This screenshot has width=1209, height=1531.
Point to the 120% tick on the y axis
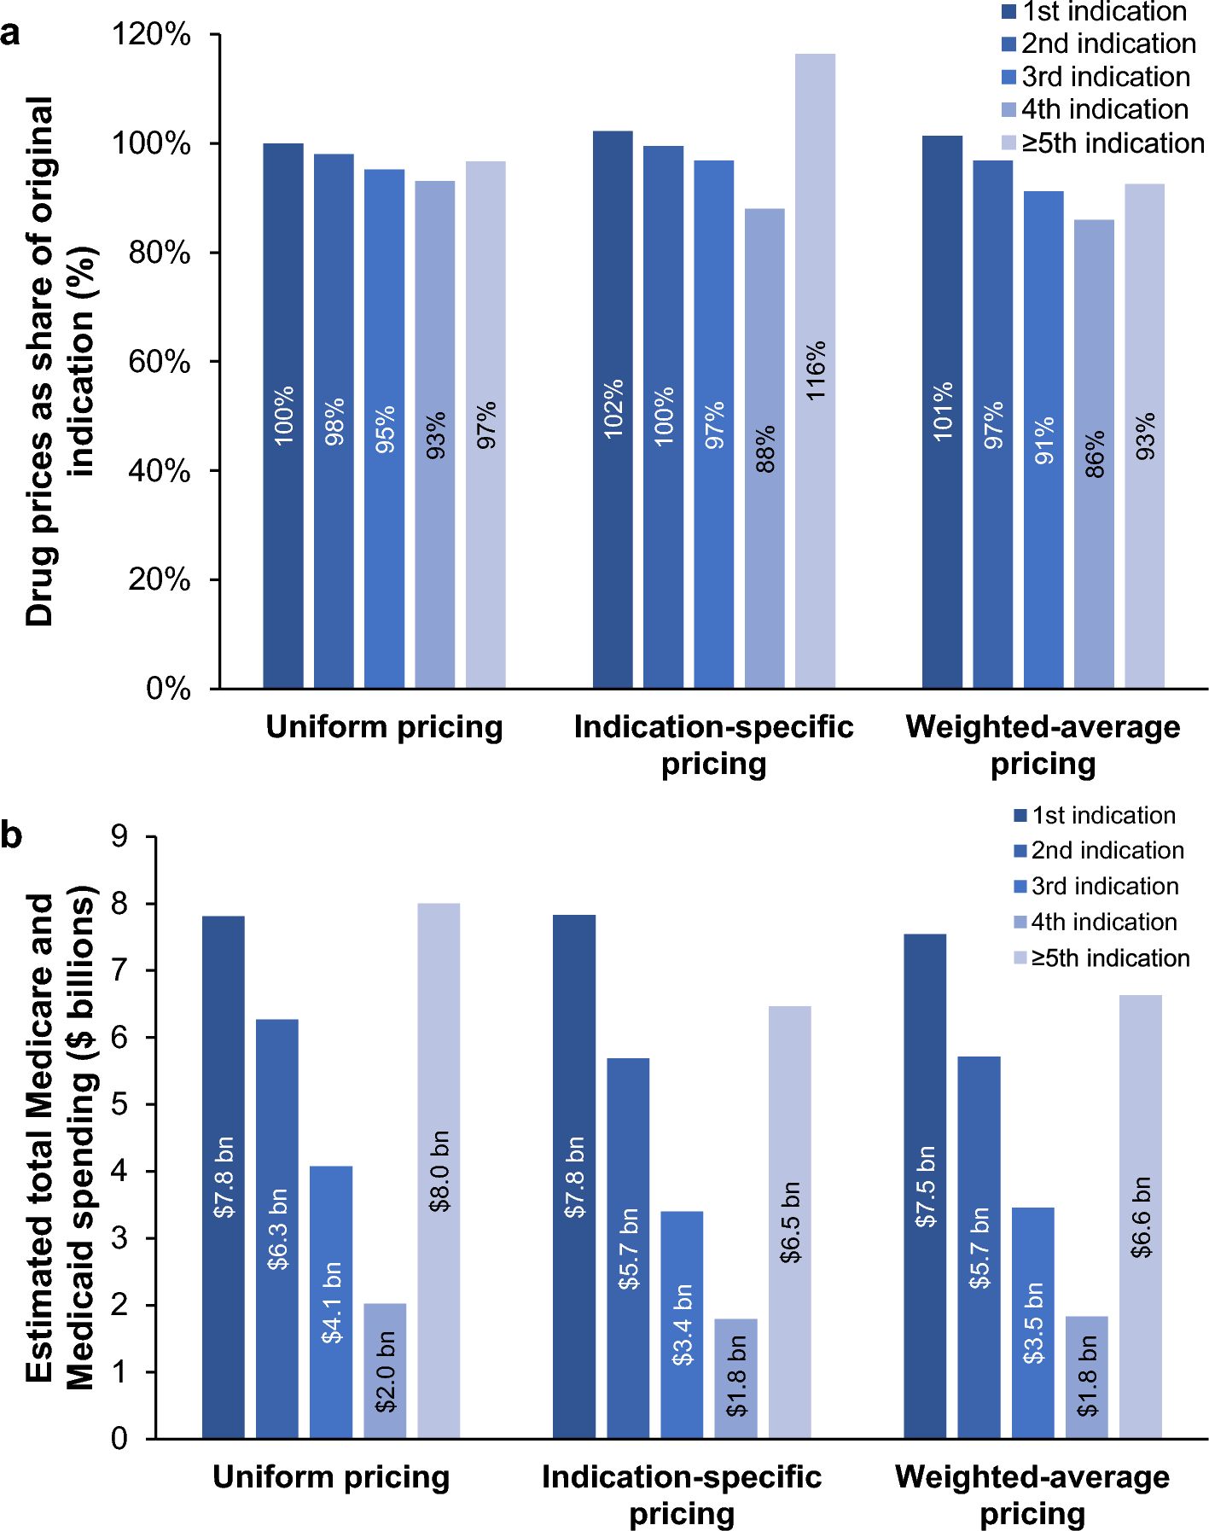click(151, 35)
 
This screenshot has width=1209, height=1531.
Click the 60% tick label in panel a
click(159, 362)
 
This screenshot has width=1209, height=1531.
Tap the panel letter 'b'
click(11, 835)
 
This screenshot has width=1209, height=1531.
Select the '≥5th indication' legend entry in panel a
click(1103, 143)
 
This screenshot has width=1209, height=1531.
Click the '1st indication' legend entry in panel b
click(1096, 816)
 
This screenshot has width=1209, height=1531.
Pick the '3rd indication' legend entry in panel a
click(1096, 77)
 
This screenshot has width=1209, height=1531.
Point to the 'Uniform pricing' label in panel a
click(384, 727)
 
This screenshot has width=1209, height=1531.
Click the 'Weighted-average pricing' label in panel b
click(1032, 1495)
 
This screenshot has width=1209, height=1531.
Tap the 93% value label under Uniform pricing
click(436, 435)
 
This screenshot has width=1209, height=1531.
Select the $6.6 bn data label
click(1141, 1217)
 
